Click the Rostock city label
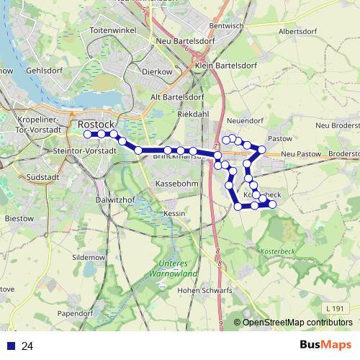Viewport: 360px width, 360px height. (91, 124)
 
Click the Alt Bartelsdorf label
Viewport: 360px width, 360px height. (174, 97)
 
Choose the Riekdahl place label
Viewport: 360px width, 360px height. (193, 114)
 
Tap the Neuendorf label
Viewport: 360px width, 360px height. (243, 121)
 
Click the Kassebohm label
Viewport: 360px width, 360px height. (176, 184)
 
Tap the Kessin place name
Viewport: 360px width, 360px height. (175, 214)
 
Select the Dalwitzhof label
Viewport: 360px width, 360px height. (115, 199)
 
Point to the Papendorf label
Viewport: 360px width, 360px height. (76, 314)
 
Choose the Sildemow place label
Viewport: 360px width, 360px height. (89, 257)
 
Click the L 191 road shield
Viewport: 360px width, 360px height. (333, 308)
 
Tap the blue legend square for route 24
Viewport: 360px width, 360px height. (10, 346)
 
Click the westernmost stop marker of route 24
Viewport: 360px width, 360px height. (87, 134)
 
